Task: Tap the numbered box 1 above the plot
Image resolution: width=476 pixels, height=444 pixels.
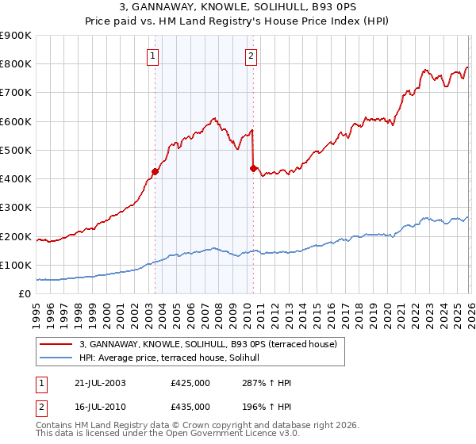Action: coord(152,55)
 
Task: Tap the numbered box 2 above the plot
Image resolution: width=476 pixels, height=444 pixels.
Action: coord(251,55)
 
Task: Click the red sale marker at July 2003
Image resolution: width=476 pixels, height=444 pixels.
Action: coord(155,171)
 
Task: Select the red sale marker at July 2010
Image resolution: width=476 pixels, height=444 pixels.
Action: coord(253,168)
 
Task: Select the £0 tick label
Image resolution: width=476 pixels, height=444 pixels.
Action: coord(25,293)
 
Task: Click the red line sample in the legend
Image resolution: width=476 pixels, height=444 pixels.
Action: coord(56,344)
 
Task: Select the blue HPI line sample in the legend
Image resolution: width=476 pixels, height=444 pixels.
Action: coord(56,358)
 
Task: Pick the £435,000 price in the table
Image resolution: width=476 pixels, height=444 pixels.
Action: coord(190,406)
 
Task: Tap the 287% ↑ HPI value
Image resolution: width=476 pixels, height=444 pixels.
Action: coord(258,382)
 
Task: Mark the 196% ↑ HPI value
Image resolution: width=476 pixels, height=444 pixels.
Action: coord(258,406)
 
